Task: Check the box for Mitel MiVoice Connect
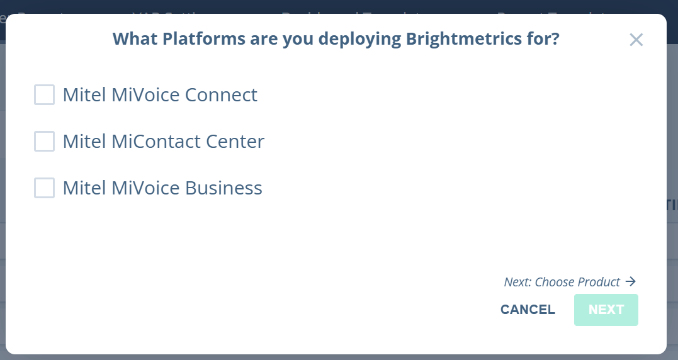click(44, 95)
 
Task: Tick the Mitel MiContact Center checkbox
click(44, 142)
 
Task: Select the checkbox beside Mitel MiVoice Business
click(44, 188)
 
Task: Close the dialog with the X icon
click(636, 40)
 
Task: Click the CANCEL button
click(528, 310)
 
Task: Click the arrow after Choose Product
click(631, 281)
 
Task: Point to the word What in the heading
click(135, 39)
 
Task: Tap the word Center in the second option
click(235, 142)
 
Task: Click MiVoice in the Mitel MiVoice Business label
click(145, 188)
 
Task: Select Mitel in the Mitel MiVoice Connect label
click(84, 95)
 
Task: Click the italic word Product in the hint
click(599, 282)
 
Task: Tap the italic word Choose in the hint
click(554, 282)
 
